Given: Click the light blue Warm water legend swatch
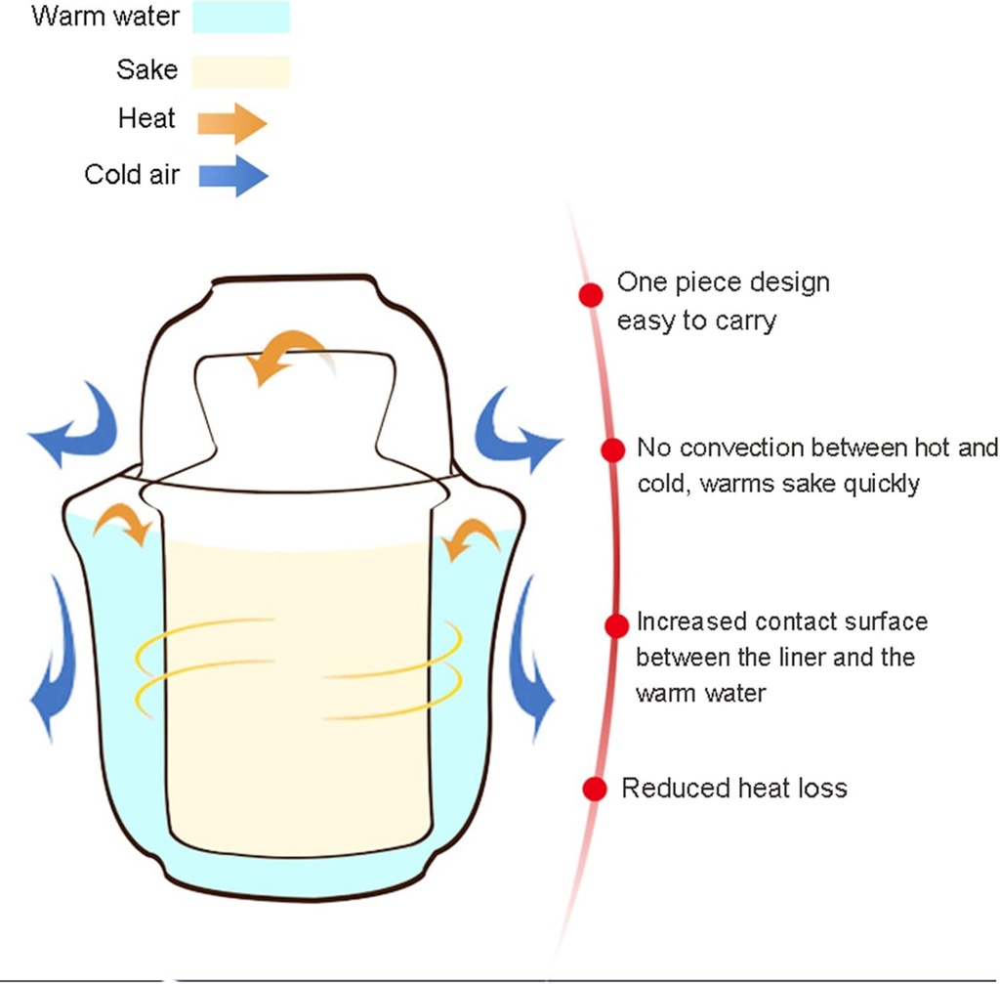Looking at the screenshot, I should [241, 18].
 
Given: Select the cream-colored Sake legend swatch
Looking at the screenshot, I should [241, 70].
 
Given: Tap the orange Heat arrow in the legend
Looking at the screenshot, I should [231, 123].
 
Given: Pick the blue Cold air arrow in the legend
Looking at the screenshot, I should [232, 176].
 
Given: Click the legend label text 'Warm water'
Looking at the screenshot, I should [105, 17].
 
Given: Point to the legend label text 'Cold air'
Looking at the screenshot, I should [132, 175].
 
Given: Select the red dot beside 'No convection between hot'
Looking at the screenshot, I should [612, 449].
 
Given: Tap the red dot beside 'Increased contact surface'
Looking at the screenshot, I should [616, 625].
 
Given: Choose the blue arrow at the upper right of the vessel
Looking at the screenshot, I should [514, 428].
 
